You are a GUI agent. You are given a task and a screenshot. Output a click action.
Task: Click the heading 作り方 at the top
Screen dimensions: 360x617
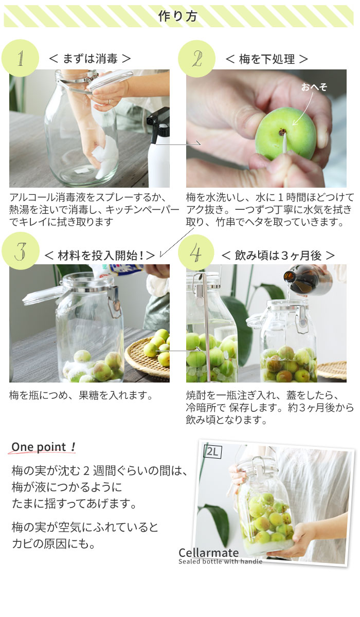(x=177, y=16)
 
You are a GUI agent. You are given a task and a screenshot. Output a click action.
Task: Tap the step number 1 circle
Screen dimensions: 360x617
(x=20, y=58)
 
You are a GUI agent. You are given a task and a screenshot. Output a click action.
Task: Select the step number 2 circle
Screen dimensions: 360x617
(x=196, y=59)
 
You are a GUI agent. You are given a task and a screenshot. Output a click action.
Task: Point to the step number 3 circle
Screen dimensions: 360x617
(x=21, y=251)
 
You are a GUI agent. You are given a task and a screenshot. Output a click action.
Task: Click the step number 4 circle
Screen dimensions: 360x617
(x=196, y=252)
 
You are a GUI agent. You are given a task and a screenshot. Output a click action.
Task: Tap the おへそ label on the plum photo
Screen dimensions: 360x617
(x=314, y=87)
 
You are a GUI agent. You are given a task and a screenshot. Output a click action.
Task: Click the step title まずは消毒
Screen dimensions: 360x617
(x=90, y=59)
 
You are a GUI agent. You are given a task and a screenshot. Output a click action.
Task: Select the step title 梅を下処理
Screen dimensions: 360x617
(x=266, y=59)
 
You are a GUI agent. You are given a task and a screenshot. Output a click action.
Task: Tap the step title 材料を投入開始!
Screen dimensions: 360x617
(x=100, y=256)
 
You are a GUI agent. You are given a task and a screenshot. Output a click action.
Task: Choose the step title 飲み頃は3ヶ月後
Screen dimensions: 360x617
(x=278, y=256)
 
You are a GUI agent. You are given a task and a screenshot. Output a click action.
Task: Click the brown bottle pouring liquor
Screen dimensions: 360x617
(x=309, y=279)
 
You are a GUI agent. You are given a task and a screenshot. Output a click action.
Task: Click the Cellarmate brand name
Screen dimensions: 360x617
(x=208, y=553)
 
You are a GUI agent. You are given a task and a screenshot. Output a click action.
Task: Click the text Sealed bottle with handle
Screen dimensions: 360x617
(x=220, y=561)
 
